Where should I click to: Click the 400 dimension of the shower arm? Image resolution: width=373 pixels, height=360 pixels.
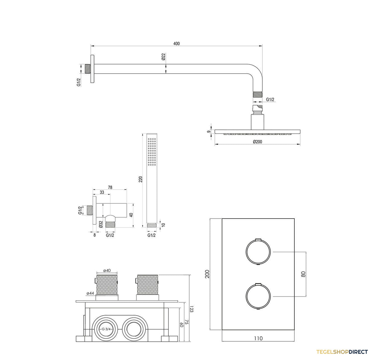tap(176, 44)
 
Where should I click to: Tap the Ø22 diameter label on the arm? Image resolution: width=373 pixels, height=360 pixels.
tap(163, 57)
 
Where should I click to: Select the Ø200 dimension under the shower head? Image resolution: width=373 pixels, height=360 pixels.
tap(257, 142)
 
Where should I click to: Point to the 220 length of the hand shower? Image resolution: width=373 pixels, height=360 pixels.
tap(140, 179)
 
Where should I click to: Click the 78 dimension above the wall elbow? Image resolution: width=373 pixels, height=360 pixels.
tap(110, 187)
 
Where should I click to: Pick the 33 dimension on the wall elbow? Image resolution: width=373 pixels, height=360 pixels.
tap(102, 192)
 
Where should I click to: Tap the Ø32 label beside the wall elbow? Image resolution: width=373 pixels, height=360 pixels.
tap(101, 224)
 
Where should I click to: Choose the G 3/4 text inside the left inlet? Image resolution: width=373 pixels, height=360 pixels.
tap(106, 329)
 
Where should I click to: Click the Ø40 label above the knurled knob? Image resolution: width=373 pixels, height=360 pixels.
tap(107, 270)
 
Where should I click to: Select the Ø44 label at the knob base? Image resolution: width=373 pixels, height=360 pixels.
tap(90, 293)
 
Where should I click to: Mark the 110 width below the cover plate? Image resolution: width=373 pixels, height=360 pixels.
tap(258, 338)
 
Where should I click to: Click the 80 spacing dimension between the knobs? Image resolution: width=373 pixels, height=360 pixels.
tap(303, 274)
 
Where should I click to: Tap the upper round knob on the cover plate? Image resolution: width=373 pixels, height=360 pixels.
tap(258, 252)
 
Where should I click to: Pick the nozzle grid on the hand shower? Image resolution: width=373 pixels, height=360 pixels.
tap(152, 152)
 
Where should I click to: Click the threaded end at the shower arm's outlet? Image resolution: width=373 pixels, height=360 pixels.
tap(258, 95)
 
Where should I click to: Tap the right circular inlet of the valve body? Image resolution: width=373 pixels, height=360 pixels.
tap(132, 329)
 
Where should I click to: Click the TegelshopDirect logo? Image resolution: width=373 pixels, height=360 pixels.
tap(342, 352)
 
